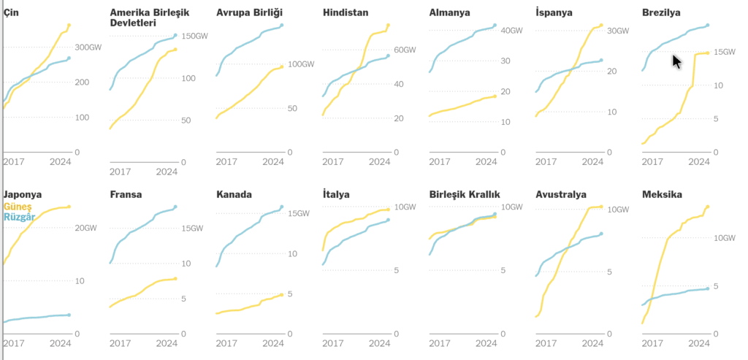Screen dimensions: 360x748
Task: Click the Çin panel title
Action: [10, 12]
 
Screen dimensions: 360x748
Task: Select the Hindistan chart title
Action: [346, 12]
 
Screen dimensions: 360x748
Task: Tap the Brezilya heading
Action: [661, 12]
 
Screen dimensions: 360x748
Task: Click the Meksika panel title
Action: [662, 194]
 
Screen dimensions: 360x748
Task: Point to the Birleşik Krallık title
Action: [465, 194]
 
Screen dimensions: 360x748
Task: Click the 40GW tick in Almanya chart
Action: [512, 31]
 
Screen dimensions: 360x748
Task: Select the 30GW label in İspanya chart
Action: [618, 31]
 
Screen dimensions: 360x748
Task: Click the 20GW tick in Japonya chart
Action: [85, 229]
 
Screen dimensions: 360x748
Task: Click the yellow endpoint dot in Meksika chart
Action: [708, 207]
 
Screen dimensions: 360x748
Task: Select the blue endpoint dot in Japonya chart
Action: [69, 315]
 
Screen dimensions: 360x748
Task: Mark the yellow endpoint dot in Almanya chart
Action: [495, 96]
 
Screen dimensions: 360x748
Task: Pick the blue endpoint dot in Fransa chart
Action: [175, 207]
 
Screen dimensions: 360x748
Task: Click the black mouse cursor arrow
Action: [676, 61]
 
